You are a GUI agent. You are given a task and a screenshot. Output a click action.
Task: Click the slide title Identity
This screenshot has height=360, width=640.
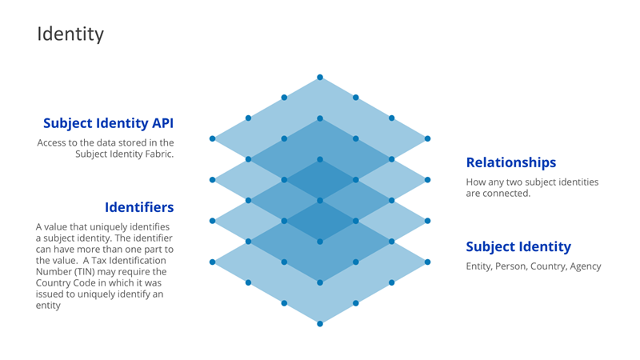click(70, 34)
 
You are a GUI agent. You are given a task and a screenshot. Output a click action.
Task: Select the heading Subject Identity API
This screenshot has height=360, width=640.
click(108, 123)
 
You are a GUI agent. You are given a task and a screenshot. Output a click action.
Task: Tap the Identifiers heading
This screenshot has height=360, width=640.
click(139, 207)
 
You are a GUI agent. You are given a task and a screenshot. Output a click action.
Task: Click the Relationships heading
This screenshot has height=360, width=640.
click(510, 162)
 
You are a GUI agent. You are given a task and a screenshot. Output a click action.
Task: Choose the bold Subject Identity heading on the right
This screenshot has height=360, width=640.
click(518, 246)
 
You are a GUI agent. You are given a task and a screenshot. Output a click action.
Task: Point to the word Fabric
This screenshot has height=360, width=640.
click(157, 154)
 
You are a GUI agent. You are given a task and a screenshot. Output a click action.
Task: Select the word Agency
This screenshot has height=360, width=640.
click(585, 266)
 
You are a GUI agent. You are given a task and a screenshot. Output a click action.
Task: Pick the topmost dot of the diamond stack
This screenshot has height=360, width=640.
click(320, 78)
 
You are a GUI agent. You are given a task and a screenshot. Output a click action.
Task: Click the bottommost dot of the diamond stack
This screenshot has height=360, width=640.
click(320, 323)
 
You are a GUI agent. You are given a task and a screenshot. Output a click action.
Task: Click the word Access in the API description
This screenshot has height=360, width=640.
click(54, 143)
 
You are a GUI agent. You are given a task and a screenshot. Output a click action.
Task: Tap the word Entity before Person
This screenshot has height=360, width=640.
click(480, 266)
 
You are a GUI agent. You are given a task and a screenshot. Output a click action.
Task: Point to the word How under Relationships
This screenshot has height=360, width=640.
click(477, 182)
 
